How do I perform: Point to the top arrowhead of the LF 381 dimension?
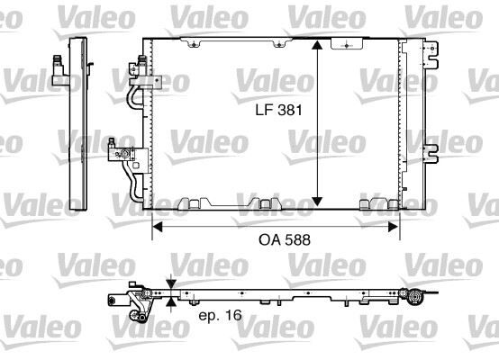click(x=316, y=44)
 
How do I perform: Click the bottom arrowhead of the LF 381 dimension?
click(x=316, y=202)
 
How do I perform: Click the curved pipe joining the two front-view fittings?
click(x=136, y=99)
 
